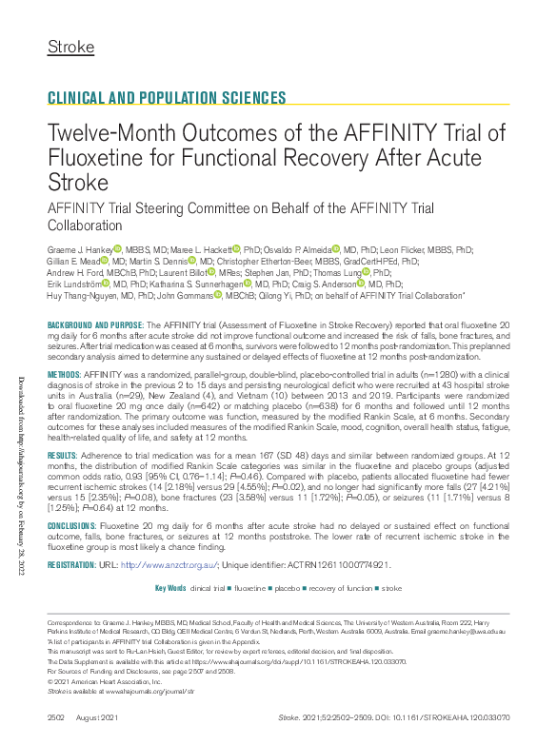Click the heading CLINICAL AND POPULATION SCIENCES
(167, 98)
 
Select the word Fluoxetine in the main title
(99, 157)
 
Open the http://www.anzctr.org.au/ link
(170, 565)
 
